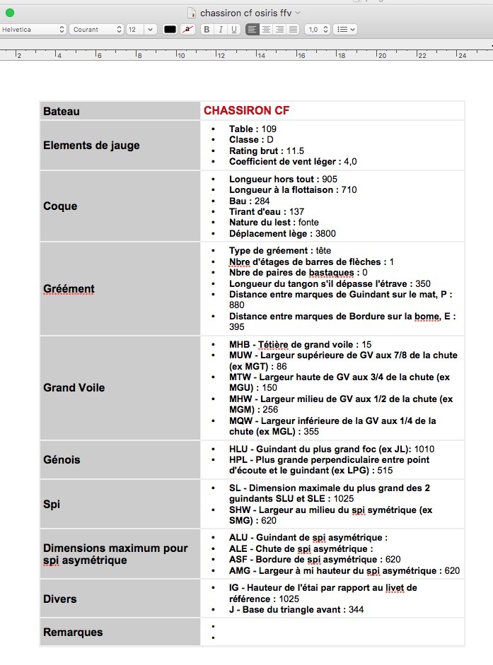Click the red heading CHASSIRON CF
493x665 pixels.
point(246,111)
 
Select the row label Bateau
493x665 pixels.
point(62,112)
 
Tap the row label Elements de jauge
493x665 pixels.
point(91,146)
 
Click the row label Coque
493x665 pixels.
point(60,206)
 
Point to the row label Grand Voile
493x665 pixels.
point(74,387)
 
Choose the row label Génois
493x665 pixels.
point(62,459)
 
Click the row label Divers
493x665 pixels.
point(59,599)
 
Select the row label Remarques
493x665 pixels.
point(73,632)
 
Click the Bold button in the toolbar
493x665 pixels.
point(207,30)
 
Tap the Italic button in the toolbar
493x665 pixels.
point(221,30)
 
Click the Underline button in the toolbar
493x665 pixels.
point(234,30)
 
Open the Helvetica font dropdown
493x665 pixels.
point(33,30)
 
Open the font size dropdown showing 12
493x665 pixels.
point(141,30)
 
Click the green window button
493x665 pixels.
point(10,13)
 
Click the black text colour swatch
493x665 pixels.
point(170,30)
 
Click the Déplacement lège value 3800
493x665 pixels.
point(326,233)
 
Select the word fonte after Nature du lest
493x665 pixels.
point(308,223)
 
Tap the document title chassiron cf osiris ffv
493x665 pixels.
point(245,13)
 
